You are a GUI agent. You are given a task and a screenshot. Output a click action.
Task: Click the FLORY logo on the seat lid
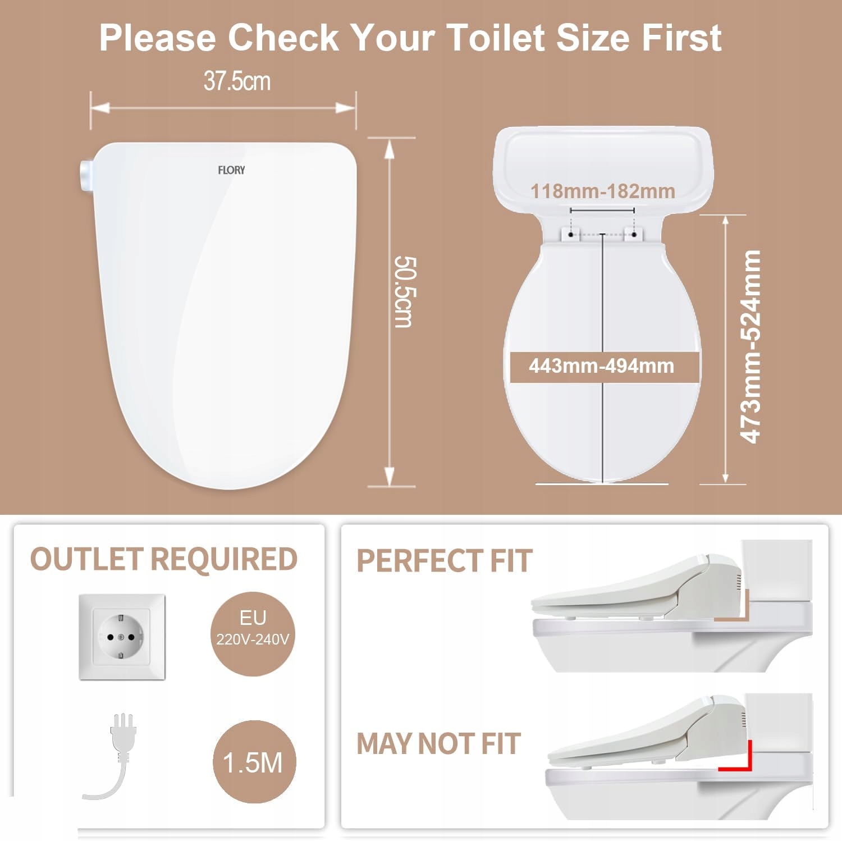(231, 170)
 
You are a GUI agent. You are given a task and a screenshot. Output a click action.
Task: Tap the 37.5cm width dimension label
(237, 81)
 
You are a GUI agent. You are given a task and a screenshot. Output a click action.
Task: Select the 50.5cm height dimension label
(405, 292)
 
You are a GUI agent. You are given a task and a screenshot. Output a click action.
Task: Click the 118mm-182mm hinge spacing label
(602, 191)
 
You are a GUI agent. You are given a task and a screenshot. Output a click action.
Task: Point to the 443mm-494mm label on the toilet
(601, 366)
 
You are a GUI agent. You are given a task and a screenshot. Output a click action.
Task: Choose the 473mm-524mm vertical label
(751, 347)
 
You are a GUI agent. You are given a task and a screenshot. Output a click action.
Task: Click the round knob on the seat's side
(86, 175)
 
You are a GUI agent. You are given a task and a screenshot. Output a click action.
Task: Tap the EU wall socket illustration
(122, 637)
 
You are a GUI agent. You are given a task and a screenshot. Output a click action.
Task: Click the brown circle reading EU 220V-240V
(253, 634)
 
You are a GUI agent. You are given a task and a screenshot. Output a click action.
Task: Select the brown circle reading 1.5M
(254, 762)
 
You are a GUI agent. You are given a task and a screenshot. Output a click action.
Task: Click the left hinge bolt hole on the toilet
(571, 234)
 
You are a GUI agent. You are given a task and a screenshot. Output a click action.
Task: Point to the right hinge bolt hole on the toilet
(634, 234)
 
